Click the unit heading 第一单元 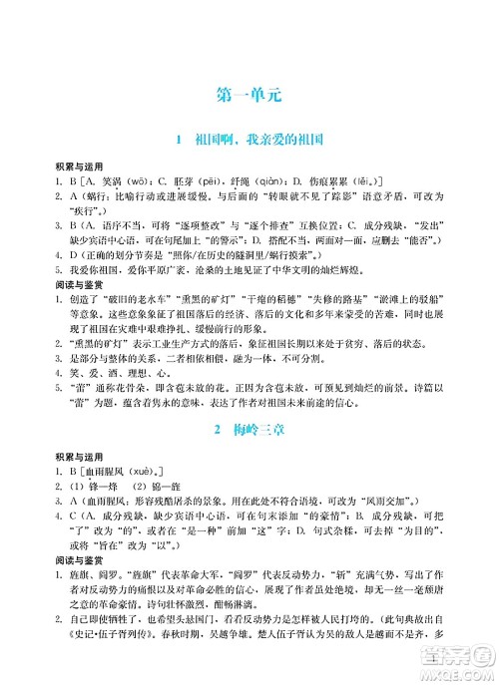click(249, 97)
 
